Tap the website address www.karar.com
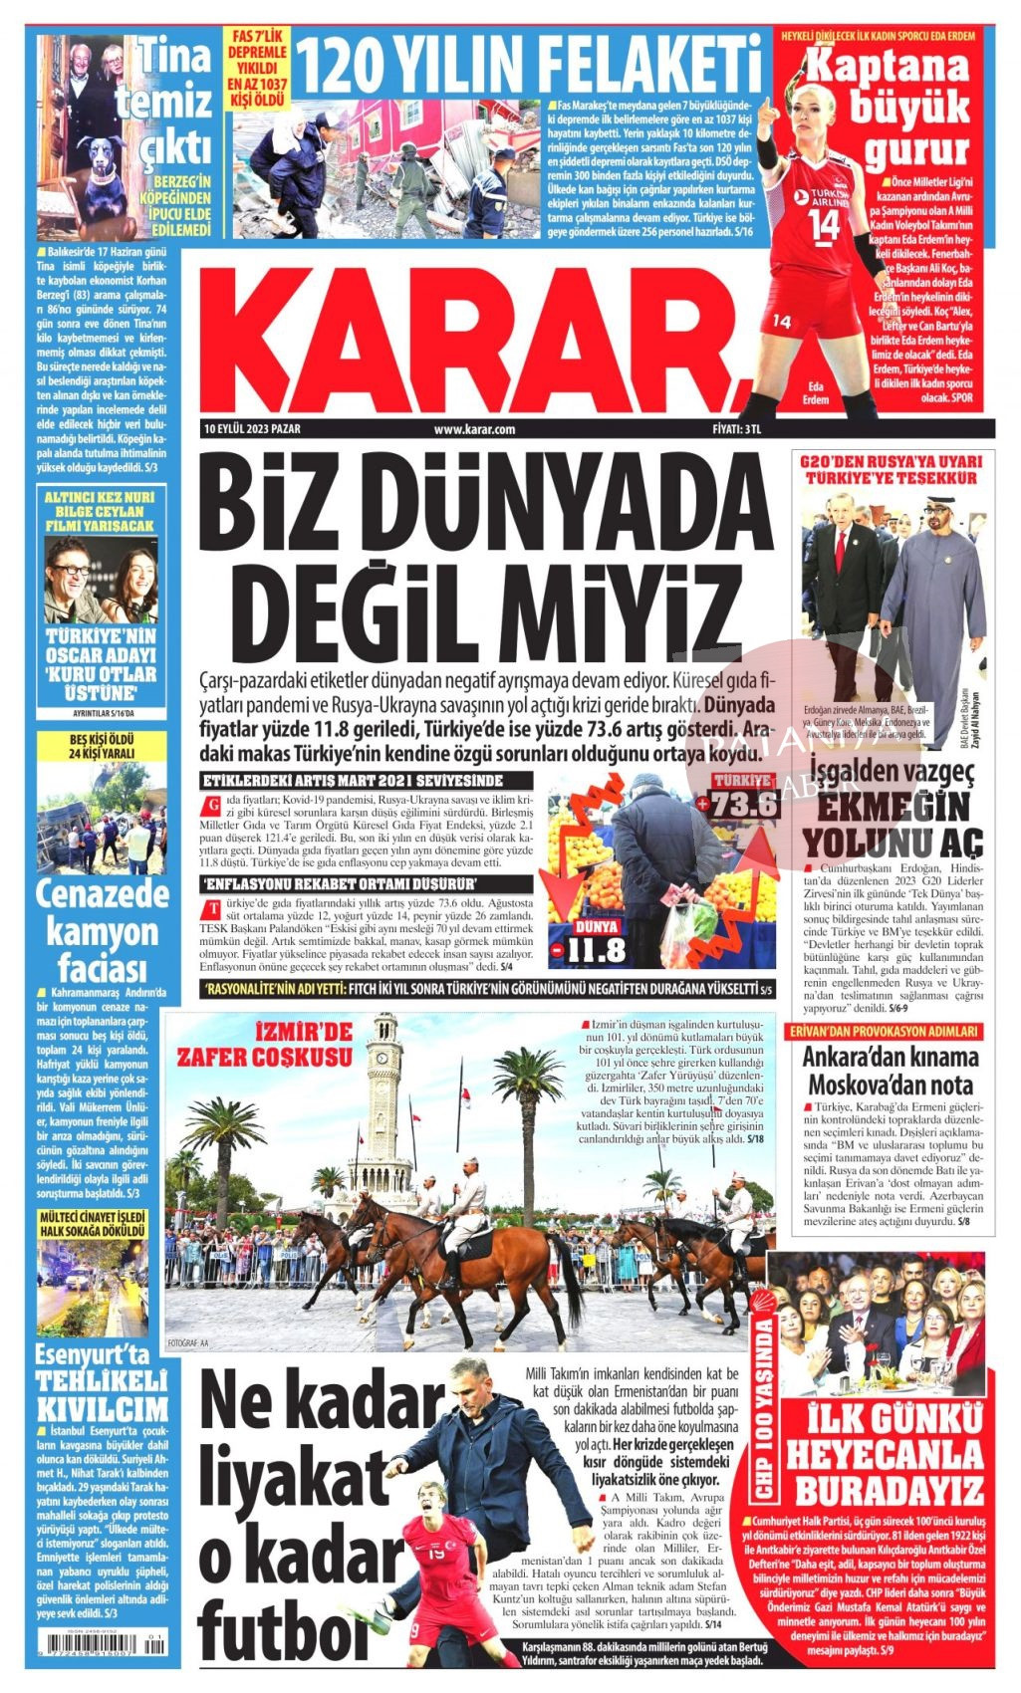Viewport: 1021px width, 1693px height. tap(474, 429)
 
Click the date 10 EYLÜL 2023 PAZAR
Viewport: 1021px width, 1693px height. tap(251, 429)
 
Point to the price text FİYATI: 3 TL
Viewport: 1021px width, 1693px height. tap(737, 429)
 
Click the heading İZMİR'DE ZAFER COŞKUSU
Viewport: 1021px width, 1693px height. tap(264, 1044)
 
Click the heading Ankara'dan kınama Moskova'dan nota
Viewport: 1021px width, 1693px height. tap(891, 1071)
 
